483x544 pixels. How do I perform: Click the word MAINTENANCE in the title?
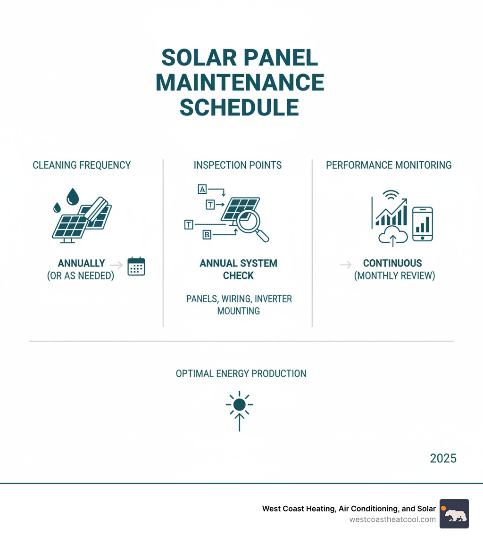240,82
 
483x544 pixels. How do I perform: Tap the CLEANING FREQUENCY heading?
82,165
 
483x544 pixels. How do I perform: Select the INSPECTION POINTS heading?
238,165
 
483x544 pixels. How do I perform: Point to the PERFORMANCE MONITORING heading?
389,165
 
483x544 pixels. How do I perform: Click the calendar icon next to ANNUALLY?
136,266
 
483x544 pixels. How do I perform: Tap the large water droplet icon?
73,197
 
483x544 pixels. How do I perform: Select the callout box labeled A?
202,190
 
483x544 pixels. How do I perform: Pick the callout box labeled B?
206,235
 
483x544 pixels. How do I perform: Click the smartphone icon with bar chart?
422,224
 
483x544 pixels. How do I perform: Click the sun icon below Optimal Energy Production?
239,404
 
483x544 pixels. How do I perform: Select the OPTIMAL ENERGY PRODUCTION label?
241,374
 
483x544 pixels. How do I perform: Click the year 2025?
443,458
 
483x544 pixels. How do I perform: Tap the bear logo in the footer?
454,514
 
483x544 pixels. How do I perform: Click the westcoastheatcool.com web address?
392,519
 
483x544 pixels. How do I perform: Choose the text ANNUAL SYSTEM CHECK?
238,269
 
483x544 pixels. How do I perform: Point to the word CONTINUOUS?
392,264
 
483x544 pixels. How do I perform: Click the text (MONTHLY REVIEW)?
394,276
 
